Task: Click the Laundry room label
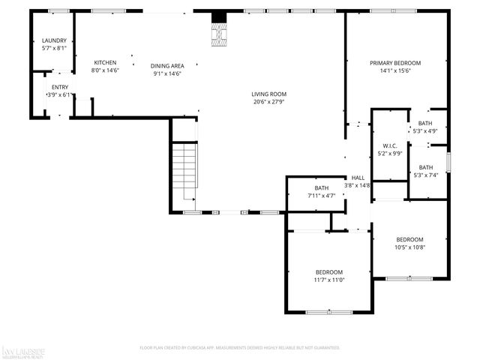coord(54,40)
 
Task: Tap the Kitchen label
coord(105,62)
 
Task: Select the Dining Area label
coord(167,65)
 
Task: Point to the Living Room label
coord(268,94)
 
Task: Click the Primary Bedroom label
coord(395,63)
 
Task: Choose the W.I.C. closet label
coord(389,145)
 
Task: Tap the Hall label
coord(357,178)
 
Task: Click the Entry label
coord(60,87)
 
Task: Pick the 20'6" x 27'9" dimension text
coord(268,102)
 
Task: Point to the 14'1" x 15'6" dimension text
coord(395,72)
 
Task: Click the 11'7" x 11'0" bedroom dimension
coord(329,280)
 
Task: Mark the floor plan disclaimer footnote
coord(240,348)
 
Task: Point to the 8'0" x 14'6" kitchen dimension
coord(105,70)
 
